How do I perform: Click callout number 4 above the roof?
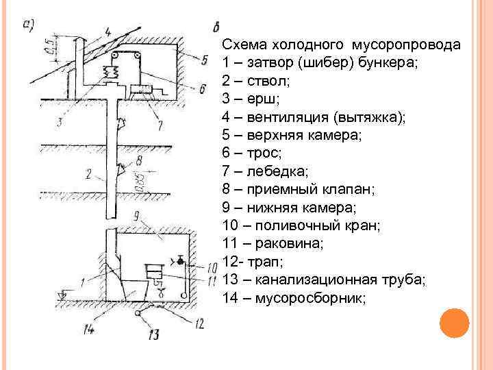point(108,32)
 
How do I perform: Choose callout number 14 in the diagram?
point(88,329)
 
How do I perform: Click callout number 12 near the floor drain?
point(199,322)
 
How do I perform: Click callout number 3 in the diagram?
point(60,122)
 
